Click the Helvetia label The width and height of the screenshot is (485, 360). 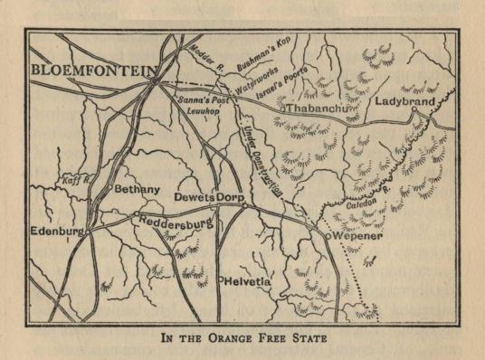point(251,280)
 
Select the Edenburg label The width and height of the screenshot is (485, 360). point(57,232)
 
